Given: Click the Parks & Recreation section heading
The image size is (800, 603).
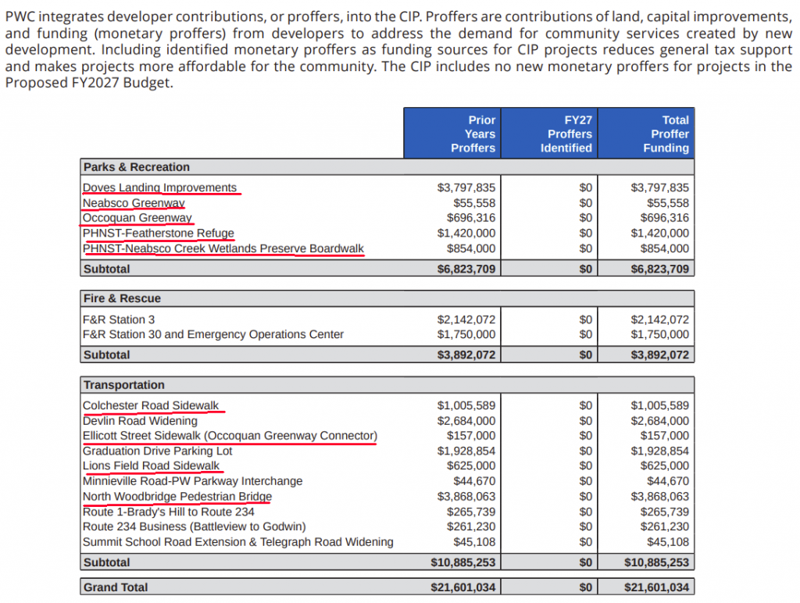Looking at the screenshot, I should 137,167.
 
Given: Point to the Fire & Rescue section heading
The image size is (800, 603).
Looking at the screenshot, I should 122,298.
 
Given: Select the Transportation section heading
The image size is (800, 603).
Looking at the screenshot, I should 124,385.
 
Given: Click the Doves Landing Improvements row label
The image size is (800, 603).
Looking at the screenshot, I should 159,187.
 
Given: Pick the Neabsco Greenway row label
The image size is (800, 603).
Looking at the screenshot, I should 134,203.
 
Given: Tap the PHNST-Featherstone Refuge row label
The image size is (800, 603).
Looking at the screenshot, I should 158,234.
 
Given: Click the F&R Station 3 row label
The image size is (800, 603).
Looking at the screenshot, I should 119,319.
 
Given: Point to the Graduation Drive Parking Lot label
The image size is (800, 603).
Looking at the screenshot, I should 156,451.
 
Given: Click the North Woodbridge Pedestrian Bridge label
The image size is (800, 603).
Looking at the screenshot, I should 177,497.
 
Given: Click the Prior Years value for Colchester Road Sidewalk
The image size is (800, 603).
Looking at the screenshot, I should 466,406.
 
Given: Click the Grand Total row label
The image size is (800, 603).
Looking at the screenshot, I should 116,587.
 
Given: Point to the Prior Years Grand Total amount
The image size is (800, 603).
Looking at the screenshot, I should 463,587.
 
